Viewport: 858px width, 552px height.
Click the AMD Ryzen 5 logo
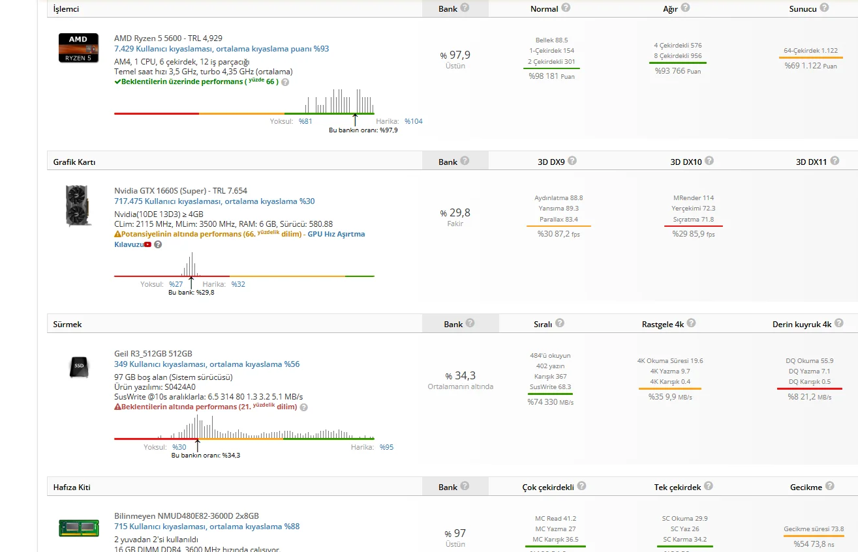pos(78,48)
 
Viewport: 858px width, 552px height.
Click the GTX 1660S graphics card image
pos(78,205)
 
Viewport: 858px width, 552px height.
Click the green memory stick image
pos(78,527)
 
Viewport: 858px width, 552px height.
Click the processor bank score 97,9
pos(455,55)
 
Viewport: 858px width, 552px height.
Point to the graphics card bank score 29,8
pos(455,213)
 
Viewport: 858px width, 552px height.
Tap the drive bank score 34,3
pos(461,375)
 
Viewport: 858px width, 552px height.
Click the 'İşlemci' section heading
pos(66,10)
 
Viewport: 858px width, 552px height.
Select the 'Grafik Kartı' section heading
pos(74,162)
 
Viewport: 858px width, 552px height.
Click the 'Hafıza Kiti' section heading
pos(72,487)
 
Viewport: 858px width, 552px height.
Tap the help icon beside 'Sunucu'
pos(824,8)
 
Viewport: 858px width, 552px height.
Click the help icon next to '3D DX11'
pos(835,160)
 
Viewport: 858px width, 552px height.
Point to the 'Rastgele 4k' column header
pos(662,324)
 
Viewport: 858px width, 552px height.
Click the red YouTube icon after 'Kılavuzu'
pos(148,244)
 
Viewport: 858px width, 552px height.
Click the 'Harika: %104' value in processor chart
pos(413,121)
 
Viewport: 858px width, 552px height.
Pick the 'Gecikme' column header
pos(806,487)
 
